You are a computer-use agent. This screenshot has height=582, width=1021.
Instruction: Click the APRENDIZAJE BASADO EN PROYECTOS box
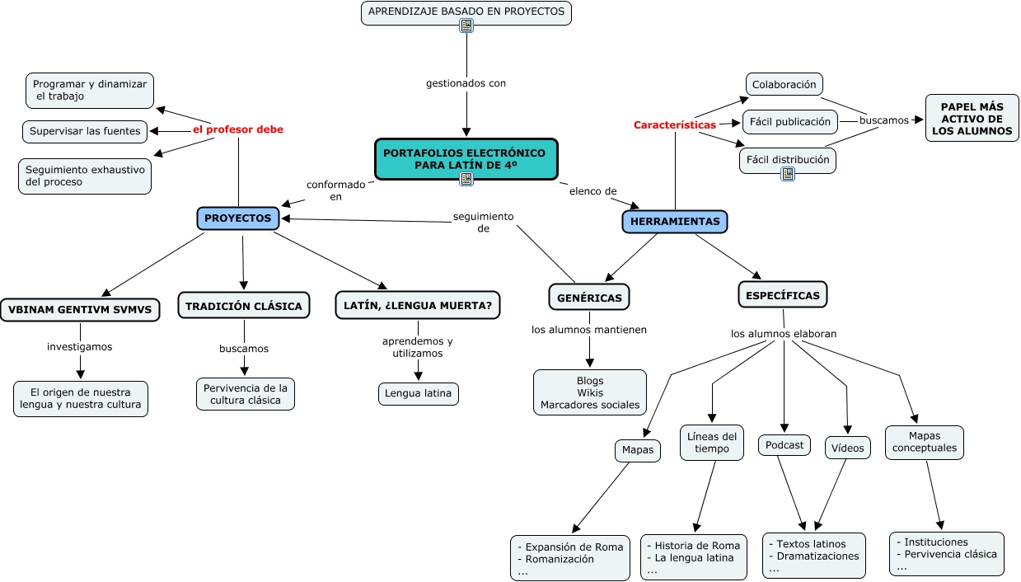tap(466, 12)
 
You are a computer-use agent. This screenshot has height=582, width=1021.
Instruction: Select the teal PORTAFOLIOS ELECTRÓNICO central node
tap(466, 158)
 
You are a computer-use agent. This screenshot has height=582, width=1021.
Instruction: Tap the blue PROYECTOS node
tap(238, 218)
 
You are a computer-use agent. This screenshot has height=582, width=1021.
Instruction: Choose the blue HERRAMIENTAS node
tap(675, 221)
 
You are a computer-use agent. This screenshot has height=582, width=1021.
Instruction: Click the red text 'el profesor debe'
tap(237, 129)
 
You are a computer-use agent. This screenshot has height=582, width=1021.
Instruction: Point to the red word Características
tap(674, 125)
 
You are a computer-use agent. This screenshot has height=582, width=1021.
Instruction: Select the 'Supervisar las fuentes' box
tap(85, 131)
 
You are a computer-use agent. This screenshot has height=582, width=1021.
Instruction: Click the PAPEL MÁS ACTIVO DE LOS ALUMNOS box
tap(972, 119)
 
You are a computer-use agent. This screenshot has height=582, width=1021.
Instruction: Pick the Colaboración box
tap(784, 84)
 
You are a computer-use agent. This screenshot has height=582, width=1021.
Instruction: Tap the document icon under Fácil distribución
tap(788, 173)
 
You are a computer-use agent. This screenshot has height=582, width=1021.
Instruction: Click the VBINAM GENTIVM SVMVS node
tap(80, 309)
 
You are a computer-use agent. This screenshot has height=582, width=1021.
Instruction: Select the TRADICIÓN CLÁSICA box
tap(244, 306)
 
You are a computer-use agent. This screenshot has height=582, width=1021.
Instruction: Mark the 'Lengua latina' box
tap(419, 393)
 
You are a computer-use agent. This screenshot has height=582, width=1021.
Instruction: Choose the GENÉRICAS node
tap(588, 298)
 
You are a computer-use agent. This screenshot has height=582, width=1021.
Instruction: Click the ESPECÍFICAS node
tap(782, 295)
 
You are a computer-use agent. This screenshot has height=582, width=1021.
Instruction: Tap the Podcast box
tap(784, 445)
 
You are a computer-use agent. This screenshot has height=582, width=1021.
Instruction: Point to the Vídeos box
tap(847, 448)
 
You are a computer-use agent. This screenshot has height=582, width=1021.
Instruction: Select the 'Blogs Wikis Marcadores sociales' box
tap(590, 392)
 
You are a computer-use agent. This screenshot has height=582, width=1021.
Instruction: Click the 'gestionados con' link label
tap(466, 83)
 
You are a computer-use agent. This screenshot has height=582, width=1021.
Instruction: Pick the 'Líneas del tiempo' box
tap(711, 443)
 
